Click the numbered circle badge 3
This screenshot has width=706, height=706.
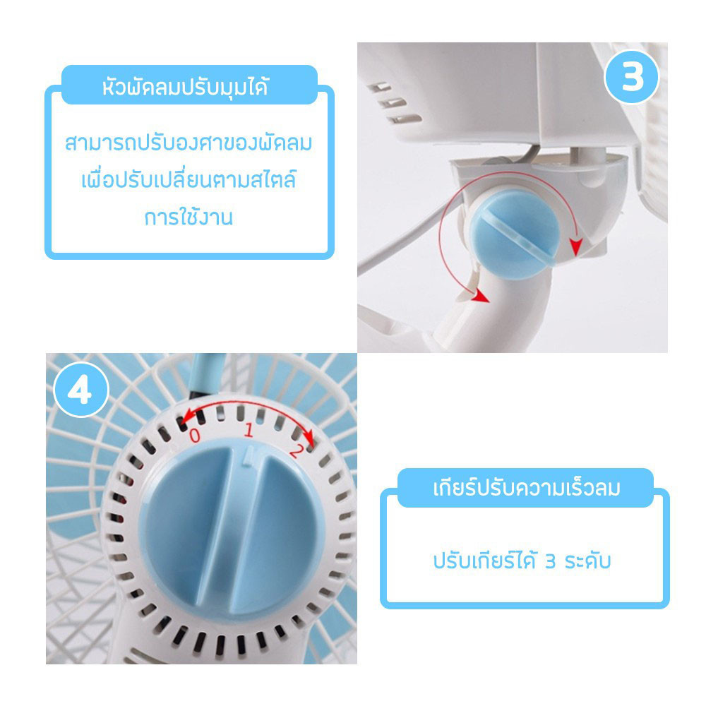click(631, 77)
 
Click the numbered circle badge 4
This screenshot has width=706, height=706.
click(81, 390)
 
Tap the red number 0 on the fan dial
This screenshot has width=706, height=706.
click(195, 435)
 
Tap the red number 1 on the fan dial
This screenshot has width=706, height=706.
click(249, 430)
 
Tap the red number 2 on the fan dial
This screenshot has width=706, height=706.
click(297, 450)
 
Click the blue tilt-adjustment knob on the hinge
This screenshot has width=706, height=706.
click(515, 234)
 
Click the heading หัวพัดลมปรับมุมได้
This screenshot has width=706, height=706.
click(186, 86)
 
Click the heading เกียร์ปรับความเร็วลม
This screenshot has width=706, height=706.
click(527, 488)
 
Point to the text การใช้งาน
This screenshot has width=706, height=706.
click(189, 217)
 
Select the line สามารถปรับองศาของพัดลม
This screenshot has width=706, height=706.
click(189, 143)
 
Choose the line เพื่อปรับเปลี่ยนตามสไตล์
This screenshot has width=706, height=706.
click(189, 179)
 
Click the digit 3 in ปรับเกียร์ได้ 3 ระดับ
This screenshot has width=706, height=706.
click(550, 561)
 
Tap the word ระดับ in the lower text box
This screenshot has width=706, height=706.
click(587, 561)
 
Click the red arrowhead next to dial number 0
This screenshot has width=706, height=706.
click(184, 415)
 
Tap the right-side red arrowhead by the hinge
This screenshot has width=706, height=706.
click(575, 246)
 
